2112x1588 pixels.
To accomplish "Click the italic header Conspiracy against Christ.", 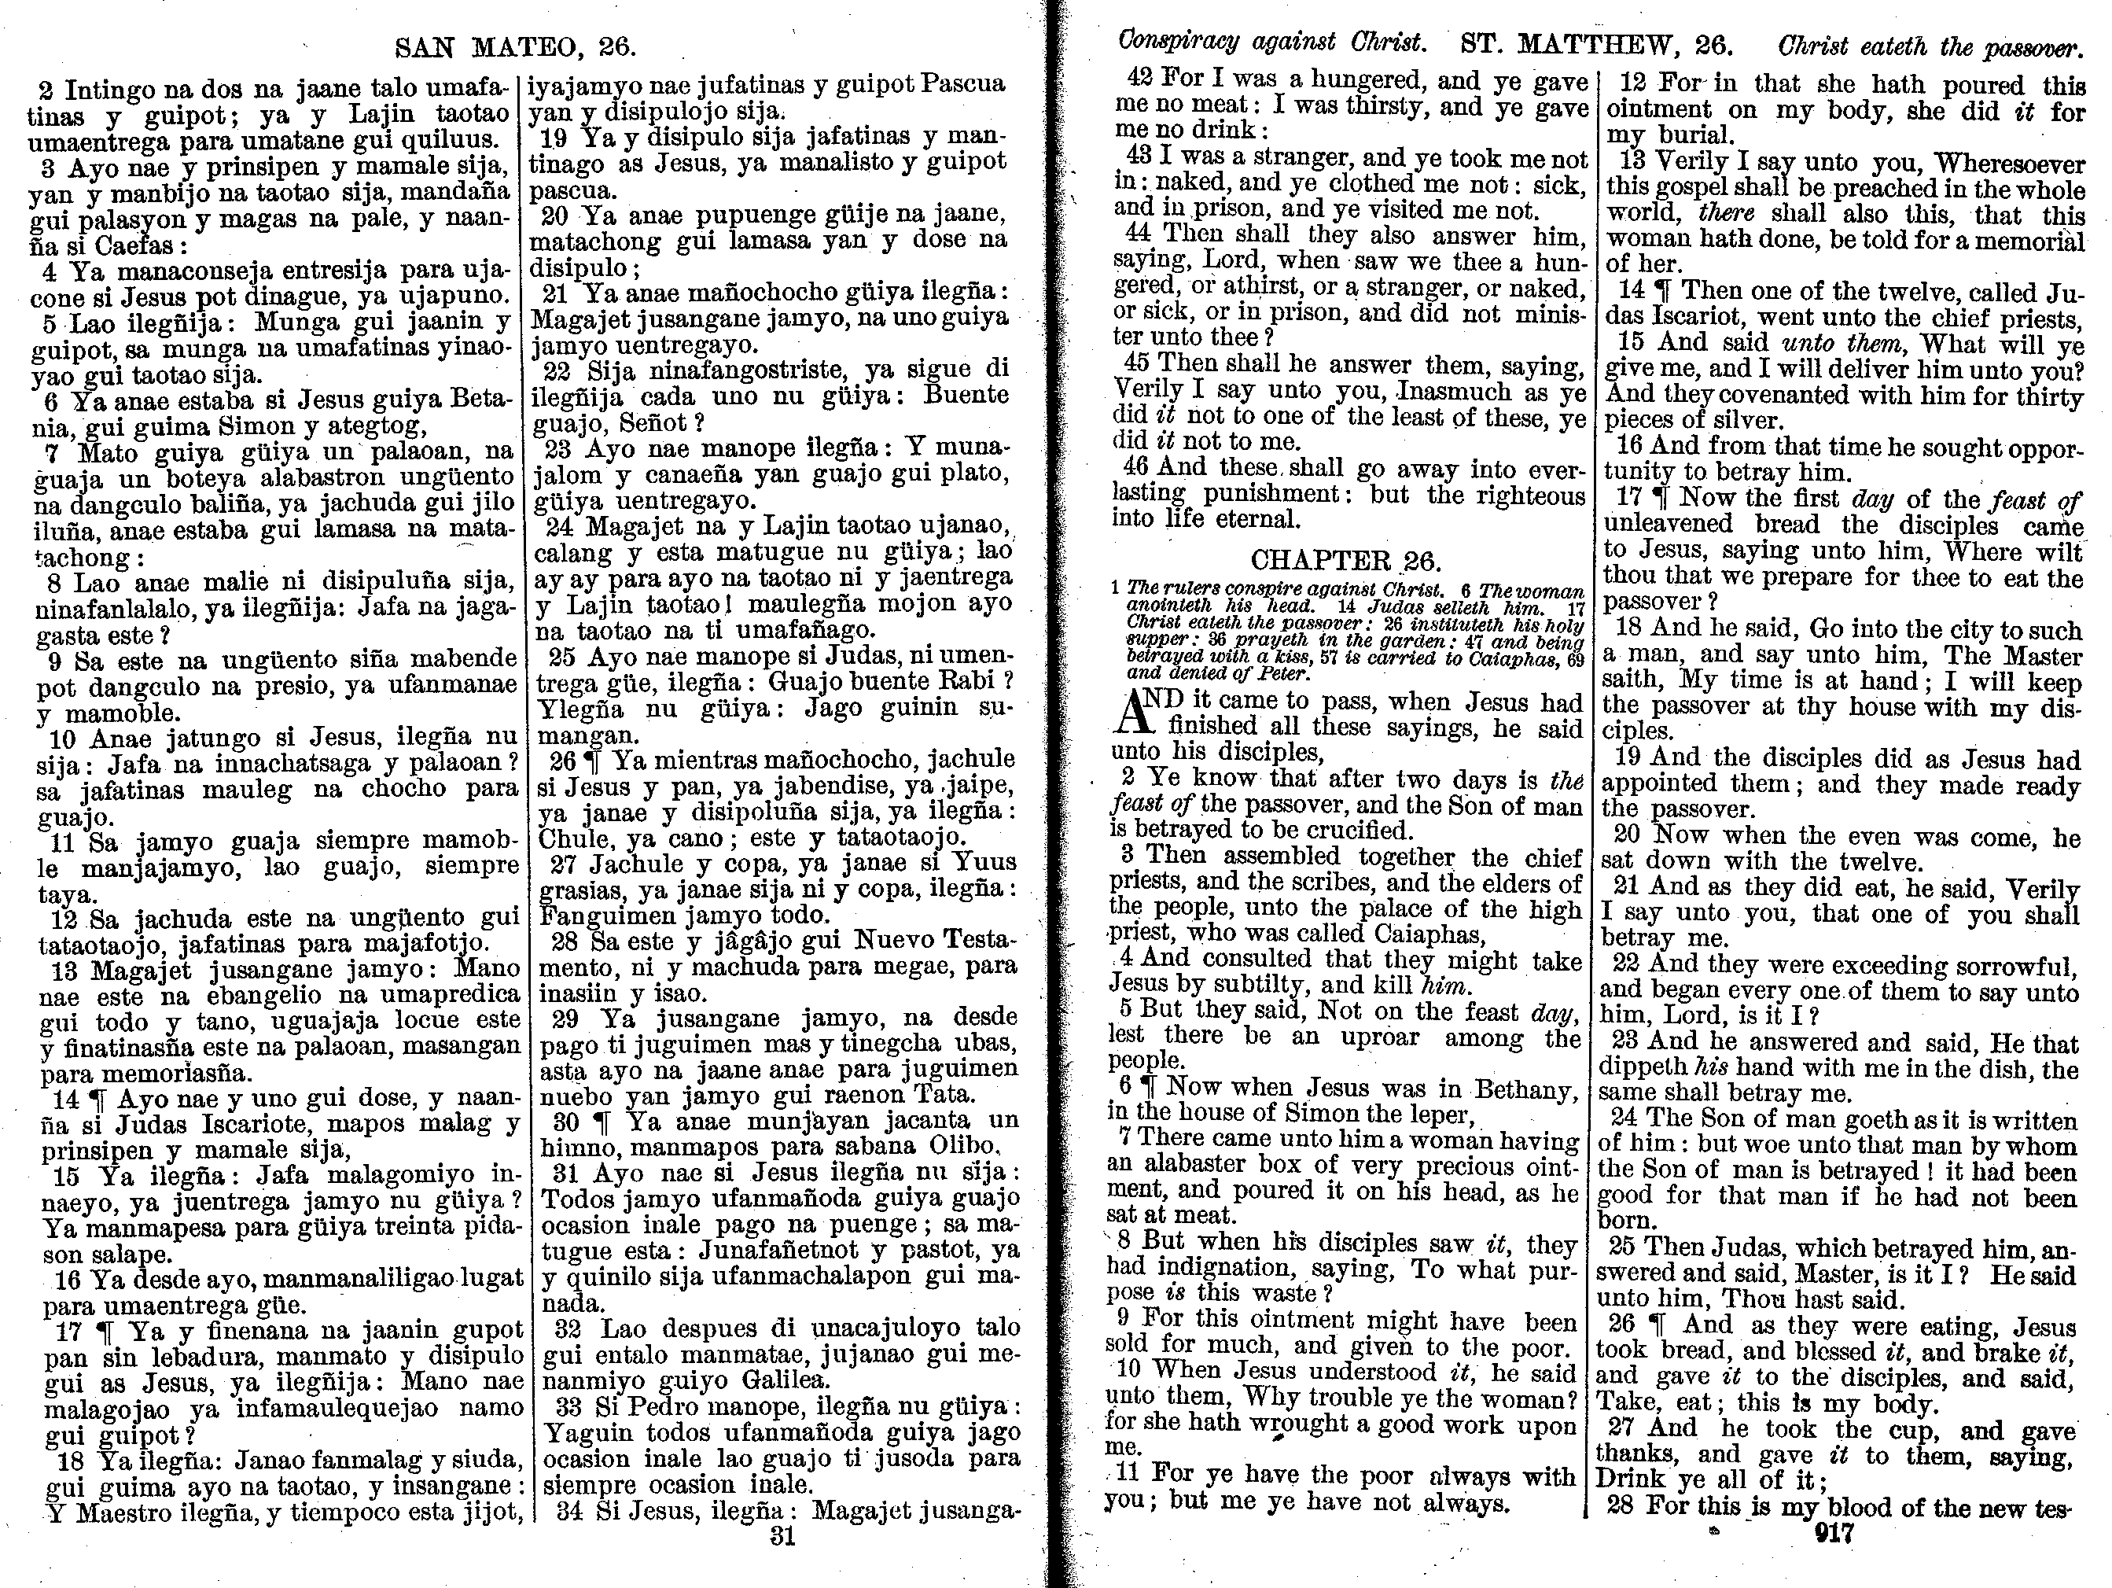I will pyautogui.click(x=1271, y=43).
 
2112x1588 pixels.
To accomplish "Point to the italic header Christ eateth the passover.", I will pyautogui.click(x=1929, y=46).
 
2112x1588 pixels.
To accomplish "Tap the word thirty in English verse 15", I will pyautogui.click(x=2050, y=396).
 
